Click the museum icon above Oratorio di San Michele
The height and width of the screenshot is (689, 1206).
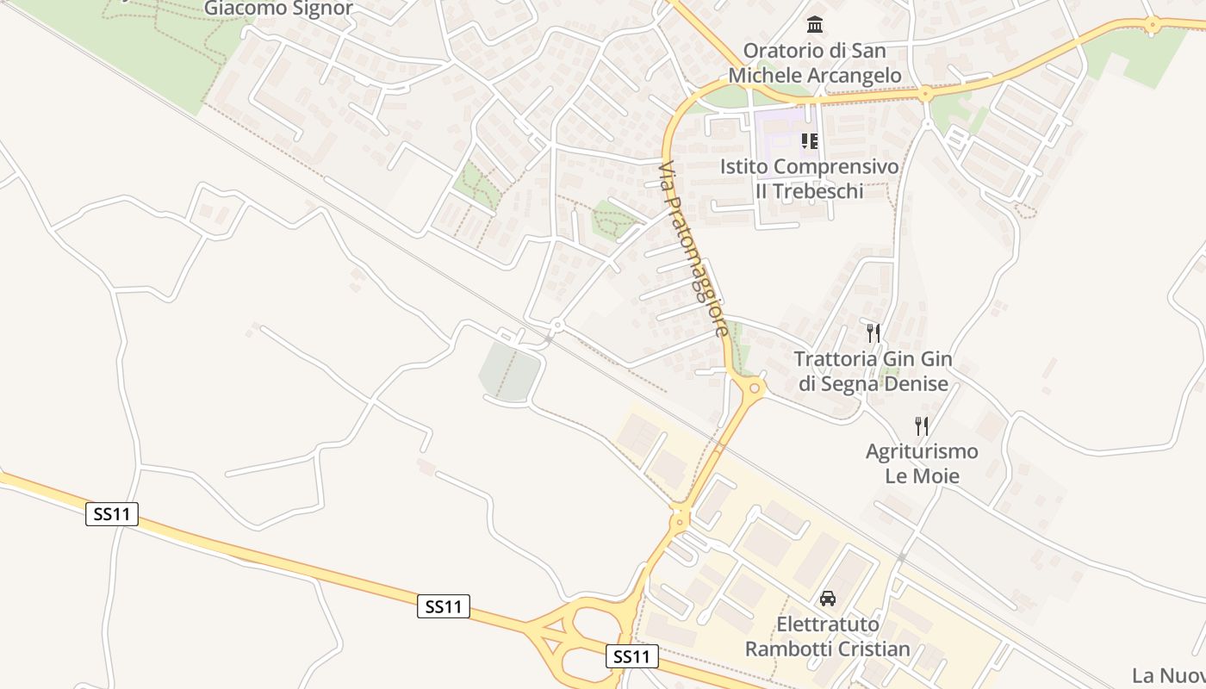(814, 24)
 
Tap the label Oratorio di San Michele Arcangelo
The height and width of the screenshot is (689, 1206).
(814, 63)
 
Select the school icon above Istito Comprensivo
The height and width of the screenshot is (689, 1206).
(809, 140)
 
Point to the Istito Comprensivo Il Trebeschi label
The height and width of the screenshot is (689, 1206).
(809, 178)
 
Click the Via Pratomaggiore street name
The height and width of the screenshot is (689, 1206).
(694, 250)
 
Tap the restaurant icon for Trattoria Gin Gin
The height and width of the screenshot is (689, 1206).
(873, 333)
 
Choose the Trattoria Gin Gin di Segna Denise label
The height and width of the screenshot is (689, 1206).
(873, 371)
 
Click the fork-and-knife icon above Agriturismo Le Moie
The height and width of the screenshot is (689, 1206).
(921, 425)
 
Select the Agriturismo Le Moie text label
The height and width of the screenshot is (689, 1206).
(922, 463)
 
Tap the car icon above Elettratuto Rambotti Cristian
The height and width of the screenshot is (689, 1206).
(827, 598)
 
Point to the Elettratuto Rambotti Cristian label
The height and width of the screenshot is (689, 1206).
(827, 636)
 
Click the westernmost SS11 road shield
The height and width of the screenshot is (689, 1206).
(112, 514)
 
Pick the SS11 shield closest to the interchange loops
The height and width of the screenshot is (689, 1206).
(632, 656)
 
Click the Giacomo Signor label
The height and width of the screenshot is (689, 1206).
(278, 9)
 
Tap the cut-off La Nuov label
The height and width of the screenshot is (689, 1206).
(1168, 674)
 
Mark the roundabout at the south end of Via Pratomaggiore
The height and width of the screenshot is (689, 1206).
(754, 388)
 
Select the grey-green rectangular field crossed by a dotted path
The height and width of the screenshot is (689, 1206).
(510, 372)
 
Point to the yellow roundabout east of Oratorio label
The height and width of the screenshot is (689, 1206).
(925, 94)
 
